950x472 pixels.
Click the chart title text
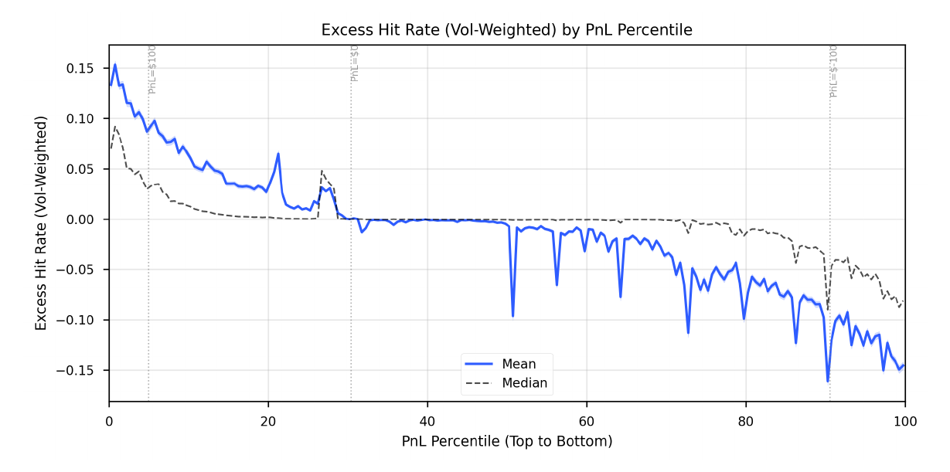click(x=506, y=30)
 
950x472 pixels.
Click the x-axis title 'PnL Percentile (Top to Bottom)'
click(x=506, y=442)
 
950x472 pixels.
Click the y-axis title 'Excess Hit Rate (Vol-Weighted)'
click(x=41, y=223)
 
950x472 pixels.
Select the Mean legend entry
click(x=518, y=364)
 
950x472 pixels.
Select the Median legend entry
click(x=524, y=383)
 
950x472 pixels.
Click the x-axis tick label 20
click(x=268, y=422)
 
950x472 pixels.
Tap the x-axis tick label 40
click(x=427, y=422)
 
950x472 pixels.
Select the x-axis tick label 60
click(x=587, y=422)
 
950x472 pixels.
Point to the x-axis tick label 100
click(x=904, y=422)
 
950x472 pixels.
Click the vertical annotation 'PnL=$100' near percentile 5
click(x=153, y=70)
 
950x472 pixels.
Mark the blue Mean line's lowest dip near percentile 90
click(x=827, y=381)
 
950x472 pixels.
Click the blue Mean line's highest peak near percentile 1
click(x=115, y=65)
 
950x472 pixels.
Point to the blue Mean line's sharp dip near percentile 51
click(x=512, y=316)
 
